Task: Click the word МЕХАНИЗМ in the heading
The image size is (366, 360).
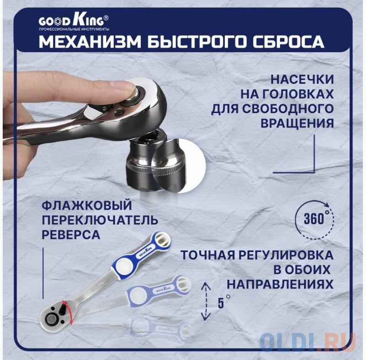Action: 90,42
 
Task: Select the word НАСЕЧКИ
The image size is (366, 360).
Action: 302,80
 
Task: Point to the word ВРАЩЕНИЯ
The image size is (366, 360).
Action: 297,124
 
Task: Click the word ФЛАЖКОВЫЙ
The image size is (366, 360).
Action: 87,205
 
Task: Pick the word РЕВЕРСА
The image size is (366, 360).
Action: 71,235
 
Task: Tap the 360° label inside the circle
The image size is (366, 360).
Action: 314,219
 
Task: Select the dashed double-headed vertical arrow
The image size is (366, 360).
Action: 205,301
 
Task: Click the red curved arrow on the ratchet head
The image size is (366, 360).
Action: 70,312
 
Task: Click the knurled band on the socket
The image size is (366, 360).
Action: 154,168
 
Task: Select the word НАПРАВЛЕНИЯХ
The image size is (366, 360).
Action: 280,285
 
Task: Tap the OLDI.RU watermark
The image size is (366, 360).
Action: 308,342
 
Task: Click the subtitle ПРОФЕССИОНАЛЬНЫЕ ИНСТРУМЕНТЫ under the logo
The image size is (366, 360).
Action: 74,29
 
